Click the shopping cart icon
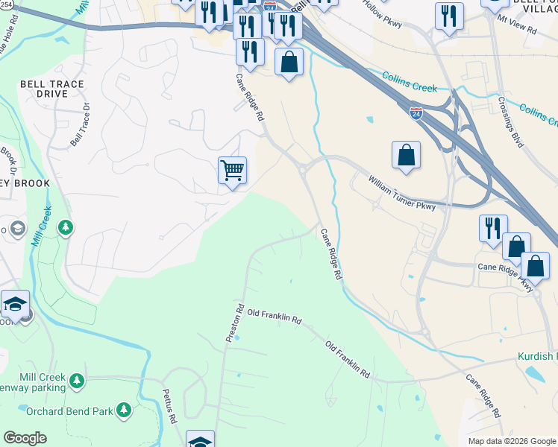[x=232, y=171]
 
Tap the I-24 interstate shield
[x=416, y=113]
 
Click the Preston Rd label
[x=235, y=322]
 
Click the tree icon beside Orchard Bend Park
[x=124, y=409]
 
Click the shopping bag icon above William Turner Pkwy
[x=406, y=155]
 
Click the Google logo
[x=24, y=438]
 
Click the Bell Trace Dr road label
[x=80, y=124]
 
